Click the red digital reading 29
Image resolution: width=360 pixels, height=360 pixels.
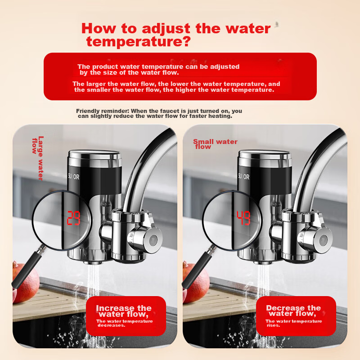(x=73, y=218)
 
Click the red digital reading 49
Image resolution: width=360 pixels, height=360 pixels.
(x=243, y=218)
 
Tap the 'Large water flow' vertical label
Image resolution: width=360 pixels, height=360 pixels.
(x=38, y=158)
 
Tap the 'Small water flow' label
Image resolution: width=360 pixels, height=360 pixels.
(x=215, y=144)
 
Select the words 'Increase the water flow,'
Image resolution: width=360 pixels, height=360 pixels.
(x=124, y=311)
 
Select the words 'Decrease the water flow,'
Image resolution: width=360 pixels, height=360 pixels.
(x=293, y=310)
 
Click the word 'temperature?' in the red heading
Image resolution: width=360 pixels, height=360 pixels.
(x=139, y=41)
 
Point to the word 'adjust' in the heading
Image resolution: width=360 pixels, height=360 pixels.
(x=166, y=29)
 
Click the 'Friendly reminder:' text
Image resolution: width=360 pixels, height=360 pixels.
(x=103, y=111)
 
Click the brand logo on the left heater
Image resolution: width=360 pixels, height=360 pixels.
(x=74, y=177)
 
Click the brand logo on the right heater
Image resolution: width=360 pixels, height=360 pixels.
(x=243, y=177)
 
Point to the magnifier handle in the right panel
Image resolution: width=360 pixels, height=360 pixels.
(x=198, y=267)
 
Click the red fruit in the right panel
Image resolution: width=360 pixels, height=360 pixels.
(x=195, y=283)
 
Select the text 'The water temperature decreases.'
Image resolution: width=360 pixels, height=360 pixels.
(x=125, y=323)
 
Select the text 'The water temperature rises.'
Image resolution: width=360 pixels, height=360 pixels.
(x=294, y=323)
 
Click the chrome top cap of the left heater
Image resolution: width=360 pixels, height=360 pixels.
(x=94, y=158)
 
